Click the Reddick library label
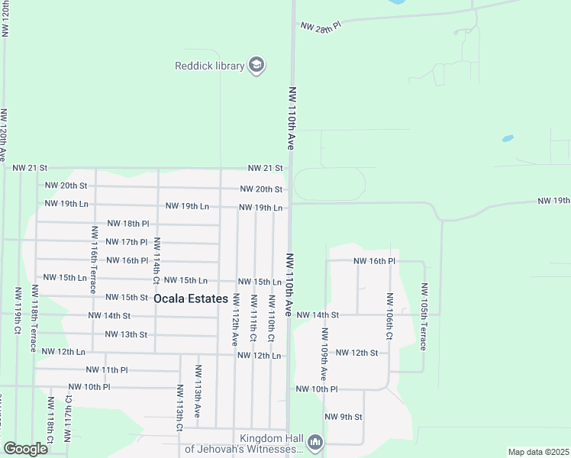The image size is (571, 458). [x=209, y=66]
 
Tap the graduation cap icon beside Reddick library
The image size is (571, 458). [x=257, y=66]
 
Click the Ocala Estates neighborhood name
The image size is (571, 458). [x=191, y=298]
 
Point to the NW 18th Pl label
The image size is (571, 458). [x=127, y=224]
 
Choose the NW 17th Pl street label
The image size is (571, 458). [x=127, y=242]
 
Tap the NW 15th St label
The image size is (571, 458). [x=126, y=297]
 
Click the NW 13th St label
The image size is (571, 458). [x=126, y=334]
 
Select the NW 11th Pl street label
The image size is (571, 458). [x=107, y=369]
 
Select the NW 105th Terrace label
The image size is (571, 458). [x=424, y=317]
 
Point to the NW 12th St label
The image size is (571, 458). [x=356, y=353]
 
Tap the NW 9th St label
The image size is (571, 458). [x=343, y=417]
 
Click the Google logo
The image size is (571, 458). [x=26, y=449]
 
